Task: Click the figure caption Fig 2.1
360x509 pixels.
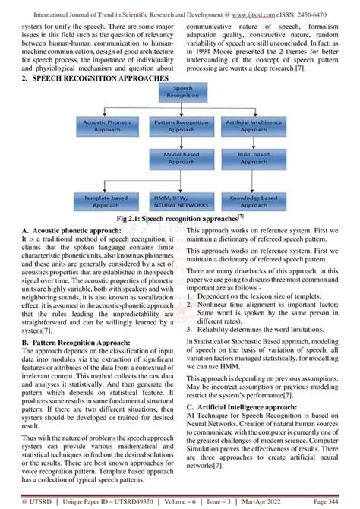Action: point(179,218)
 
